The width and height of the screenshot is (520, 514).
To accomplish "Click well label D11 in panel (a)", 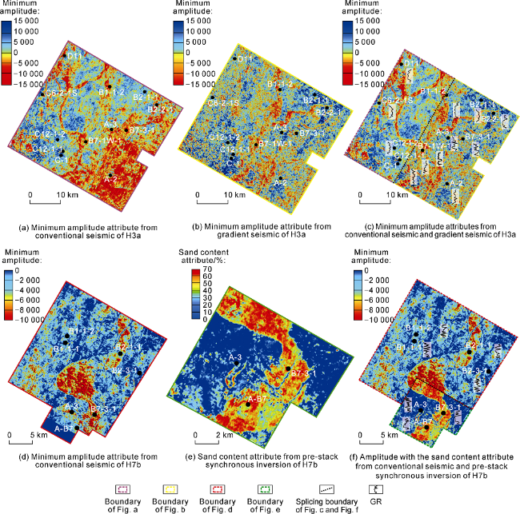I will [74, 57].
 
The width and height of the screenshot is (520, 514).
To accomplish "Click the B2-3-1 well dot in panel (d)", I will [139, 373].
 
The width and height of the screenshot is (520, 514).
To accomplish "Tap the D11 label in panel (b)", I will [246, 60].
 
